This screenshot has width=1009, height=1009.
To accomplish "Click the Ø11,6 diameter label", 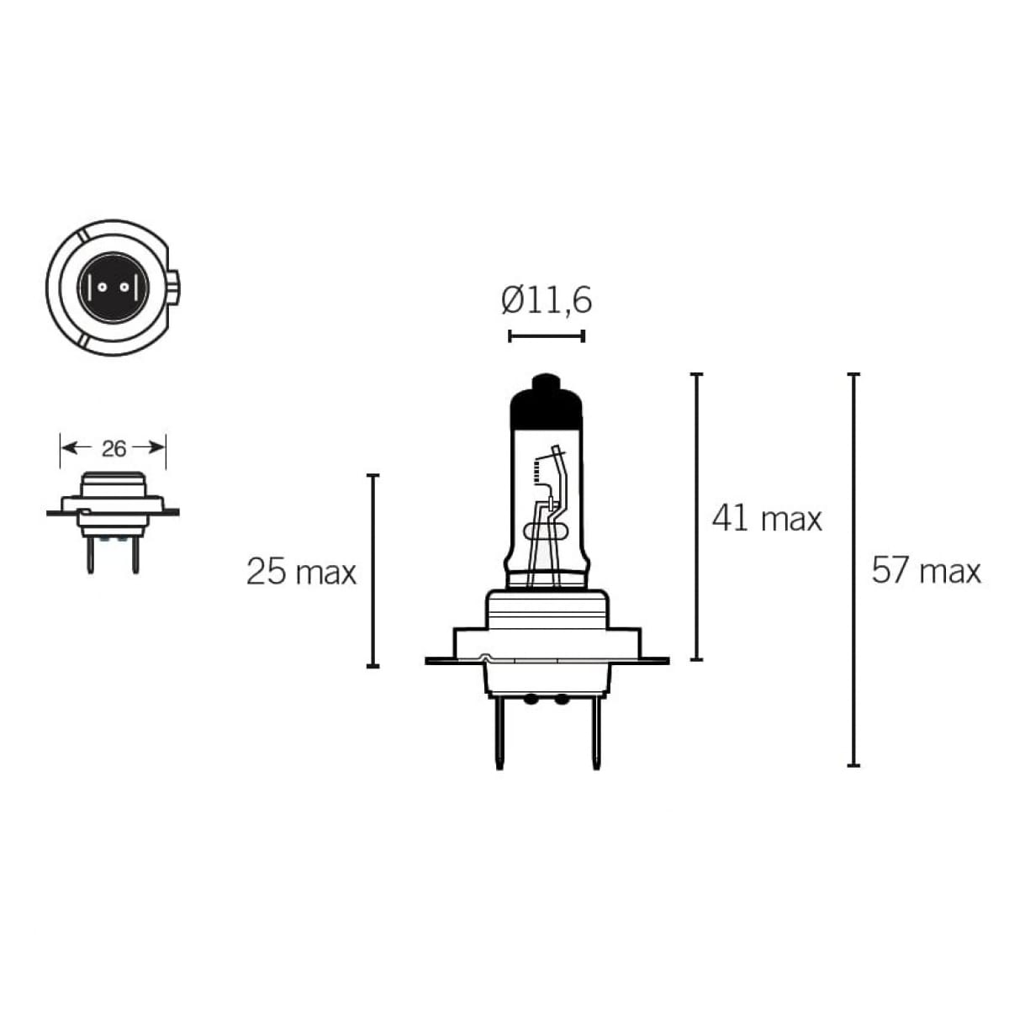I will point(547,300).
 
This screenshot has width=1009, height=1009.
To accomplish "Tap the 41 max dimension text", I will point(766,518).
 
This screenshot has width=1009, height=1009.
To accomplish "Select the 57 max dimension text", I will point(926,571).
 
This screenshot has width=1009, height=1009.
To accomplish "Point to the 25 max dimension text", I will point(301,572).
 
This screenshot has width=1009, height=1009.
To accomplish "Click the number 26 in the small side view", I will point(114,449).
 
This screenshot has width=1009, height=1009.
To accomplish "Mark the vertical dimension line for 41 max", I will point(696,516).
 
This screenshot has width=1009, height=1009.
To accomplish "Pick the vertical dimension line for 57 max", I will point(854,569).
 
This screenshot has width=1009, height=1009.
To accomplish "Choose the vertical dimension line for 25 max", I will point(373,571).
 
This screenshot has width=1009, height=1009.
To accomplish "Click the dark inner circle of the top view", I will point(113,287).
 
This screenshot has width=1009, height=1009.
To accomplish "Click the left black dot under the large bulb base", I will point(531,699).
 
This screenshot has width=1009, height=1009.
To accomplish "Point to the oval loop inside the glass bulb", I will point(547,531).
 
